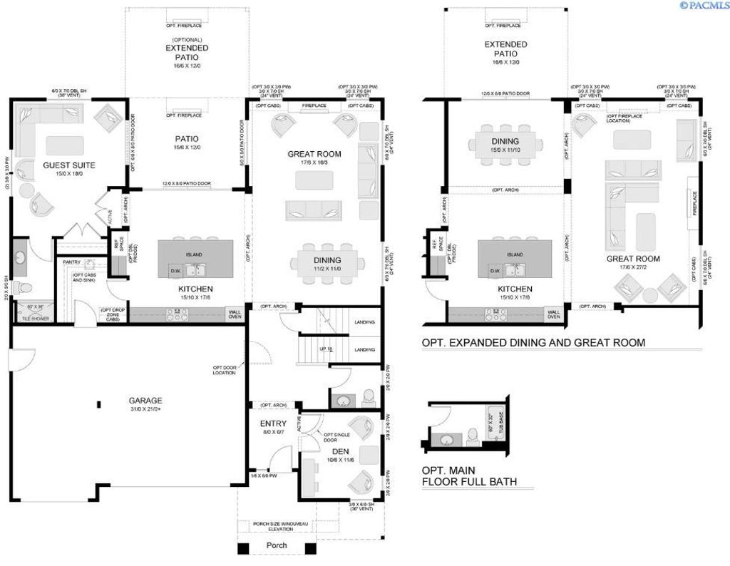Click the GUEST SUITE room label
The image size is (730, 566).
(x=69, y=165)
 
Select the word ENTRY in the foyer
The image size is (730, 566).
(x=273, y=423)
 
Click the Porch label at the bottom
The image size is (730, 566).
(x=277, y=545)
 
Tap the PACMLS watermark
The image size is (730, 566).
(x=704, y=5)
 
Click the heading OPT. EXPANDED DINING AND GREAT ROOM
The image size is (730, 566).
(x=533, y=343)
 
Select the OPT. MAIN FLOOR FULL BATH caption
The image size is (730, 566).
(x=469, y=476)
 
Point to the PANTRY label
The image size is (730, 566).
(x=71, y=262)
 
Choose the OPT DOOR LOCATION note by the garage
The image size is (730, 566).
(x=224, y=370)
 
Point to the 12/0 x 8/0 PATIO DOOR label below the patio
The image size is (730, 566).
(x=187, y=182)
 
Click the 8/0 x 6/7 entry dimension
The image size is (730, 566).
(x=273, y=433)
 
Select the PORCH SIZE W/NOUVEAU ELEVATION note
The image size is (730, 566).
(x=277, y=527)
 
